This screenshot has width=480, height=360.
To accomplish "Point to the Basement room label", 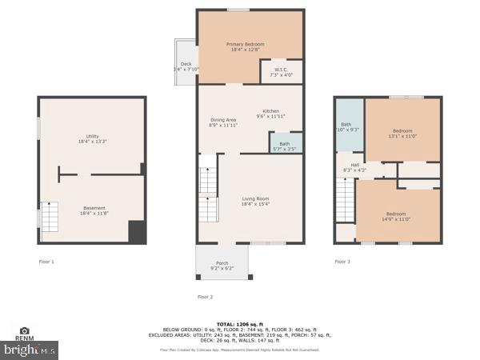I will [94, 210].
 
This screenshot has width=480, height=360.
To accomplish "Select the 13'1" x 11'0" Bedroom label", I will [402, 133].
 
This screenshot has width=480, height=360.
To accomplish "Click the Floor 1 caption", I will [46, 262].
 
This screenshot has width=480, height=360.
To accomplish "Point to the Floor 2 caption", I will [206, 297].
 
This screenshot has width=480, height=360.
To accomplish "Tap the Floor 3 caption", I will [342, 262].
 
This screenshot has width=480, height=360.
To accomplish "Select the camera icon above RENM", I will [25, 330].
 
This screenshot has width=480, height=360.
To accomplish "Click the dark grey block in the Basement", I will [138, 232].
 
